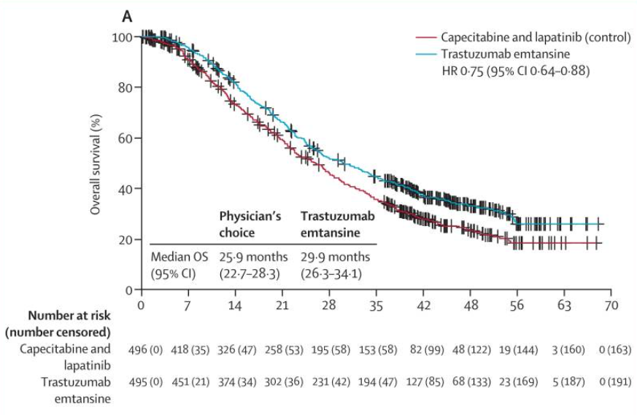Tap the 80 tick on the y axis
127,88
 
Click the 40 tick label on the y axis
127,189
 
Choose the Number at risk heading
70,316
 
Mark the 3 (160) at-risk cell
564,349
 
